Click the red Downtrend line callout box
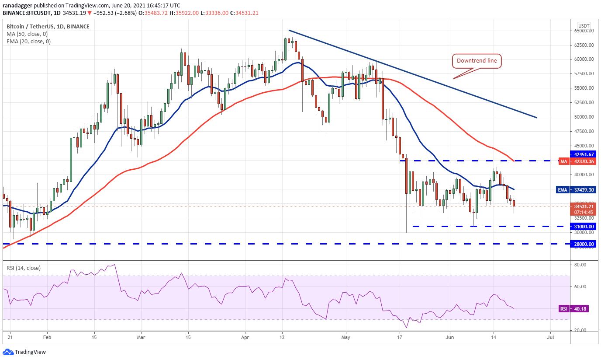point(477,61)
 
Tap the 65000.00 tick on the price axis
point(584,31)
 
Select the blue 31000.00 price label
point(584,227)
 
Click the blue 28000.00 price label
point(584,244)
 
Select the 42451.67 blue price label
point(584,154)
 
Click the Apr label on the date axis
point(245,338)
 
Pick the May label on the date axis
point(346,338)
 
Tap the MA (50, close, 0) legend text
point(27,34)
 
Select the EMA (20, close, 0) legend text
point(28,42)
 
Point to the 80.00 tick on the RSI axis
point(580,265)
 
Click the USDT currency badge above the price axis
point(584,25)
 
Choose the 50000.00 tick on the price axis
point(584,117)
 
